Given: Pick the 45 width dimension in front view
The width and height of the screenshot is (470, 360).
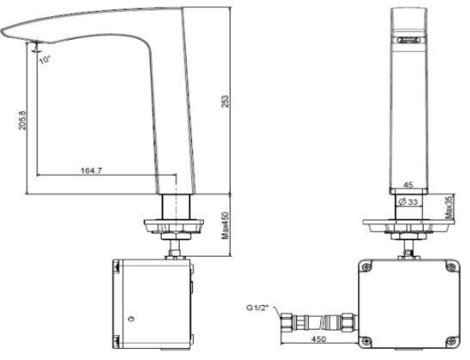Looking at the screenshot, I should tap(408, 183).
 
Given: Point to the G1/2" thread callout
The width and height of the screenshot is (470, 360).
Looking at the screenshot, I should tap(258, 305).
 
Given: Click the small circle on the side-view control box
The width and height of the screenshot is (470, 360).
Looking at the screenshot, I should tap(131, 321).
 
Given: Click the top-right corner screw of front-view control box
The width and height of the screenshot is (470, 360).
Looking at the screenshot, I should tap(446, 268).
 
